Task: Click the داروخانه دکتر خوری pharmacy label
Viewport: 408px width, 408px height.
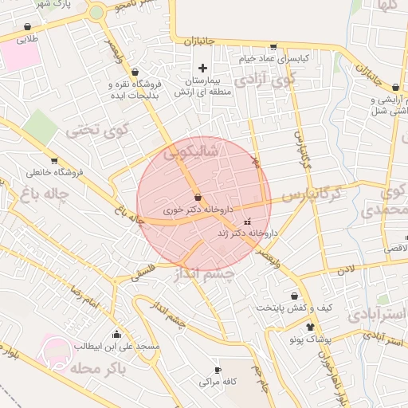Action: pyautogui.click(x=197, y=210)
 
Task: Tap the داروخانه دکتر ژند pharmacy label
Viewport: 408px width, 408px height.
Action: pyautogui.click(x=247, y=233)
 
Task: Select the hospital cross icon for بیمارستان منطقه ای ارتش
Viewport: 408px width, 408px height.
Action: pyautogui.click(x=202, y=68)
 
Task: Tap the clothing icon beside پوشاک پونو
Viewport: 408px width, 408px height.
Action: pyautogui.click(x=310, y=327)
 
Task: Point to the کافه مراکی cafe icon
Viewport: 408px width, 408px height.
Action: pyautogui.click(x=218, y=371)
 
